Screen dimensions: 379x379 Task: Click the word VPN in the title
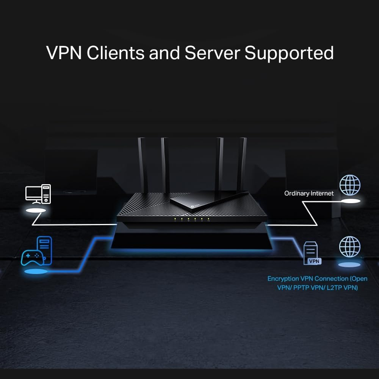click(64, 53)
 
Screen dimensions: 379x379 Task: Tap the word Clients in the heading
click(115, 53)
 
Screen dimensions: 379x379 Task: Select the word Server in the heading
click(213, 53)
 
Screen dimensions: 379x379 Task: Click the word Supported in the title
click(289, 53)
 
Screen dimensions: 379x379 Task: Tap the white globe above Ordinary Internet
click(350, 185)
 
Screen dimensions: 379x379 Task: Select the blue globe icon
click(349, 247)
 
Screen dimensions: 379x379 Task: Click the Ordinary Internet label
click(309, 193)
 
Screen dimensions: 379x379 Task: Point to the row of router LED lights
click(191, 219)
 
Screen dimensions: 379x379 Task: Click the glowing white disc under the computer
click(36, 210)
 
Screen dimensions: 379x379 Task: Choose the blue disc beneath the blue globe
click(349, 265)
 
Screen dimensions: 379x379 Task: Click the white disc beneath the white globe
click(350, 202)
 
